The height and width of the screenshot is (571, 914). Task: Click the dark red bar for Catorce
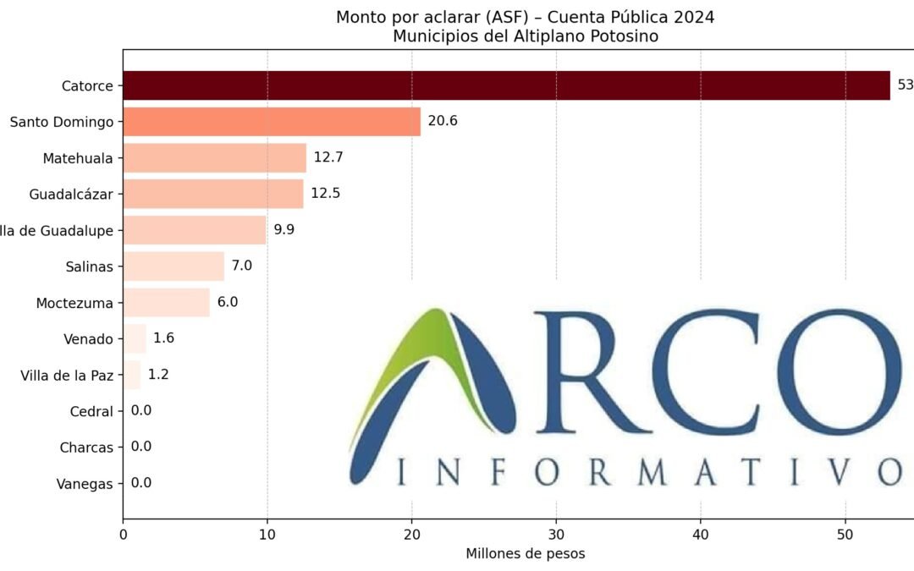coord(506,85)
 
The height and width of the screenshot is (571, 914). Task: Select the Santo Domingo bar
coord(272,122)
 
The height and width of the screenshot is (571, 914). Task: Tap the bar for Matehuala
coord(214,157)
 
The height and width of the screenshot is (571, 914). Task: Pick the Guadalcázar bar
coord(213,194)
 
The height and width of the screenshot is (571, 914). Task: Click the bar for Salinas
coord(173,266)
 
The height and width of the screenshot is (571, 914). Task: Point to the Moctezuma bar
coord(166,302)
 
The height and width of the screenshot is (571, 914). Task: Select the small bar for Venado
coord(135,338)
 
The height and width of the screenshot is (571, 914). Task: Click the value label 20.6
coord(443,122)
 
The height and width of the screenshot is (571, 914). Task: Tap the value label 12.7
coord(328,157)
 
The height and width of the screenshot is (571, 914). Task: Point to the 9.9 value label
coord(284,230)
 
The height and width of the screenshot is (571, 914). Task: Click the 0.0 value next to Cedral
coord(141,411)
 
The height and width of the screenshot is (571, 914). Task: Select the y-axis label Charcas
coord(86,447)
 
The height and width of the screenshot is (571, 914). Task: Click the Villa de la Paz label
coord(67,375)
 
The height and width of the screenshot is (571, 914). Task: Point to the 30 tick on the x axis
coord(556,535)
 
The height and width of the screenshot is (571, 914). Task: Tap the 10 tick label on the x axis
coord(267,535)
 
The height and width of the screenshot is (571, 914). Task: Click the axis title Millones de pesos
coord(525,554)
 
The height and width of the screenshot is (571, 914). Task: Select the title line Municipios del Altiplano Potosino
coord(525,36)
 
